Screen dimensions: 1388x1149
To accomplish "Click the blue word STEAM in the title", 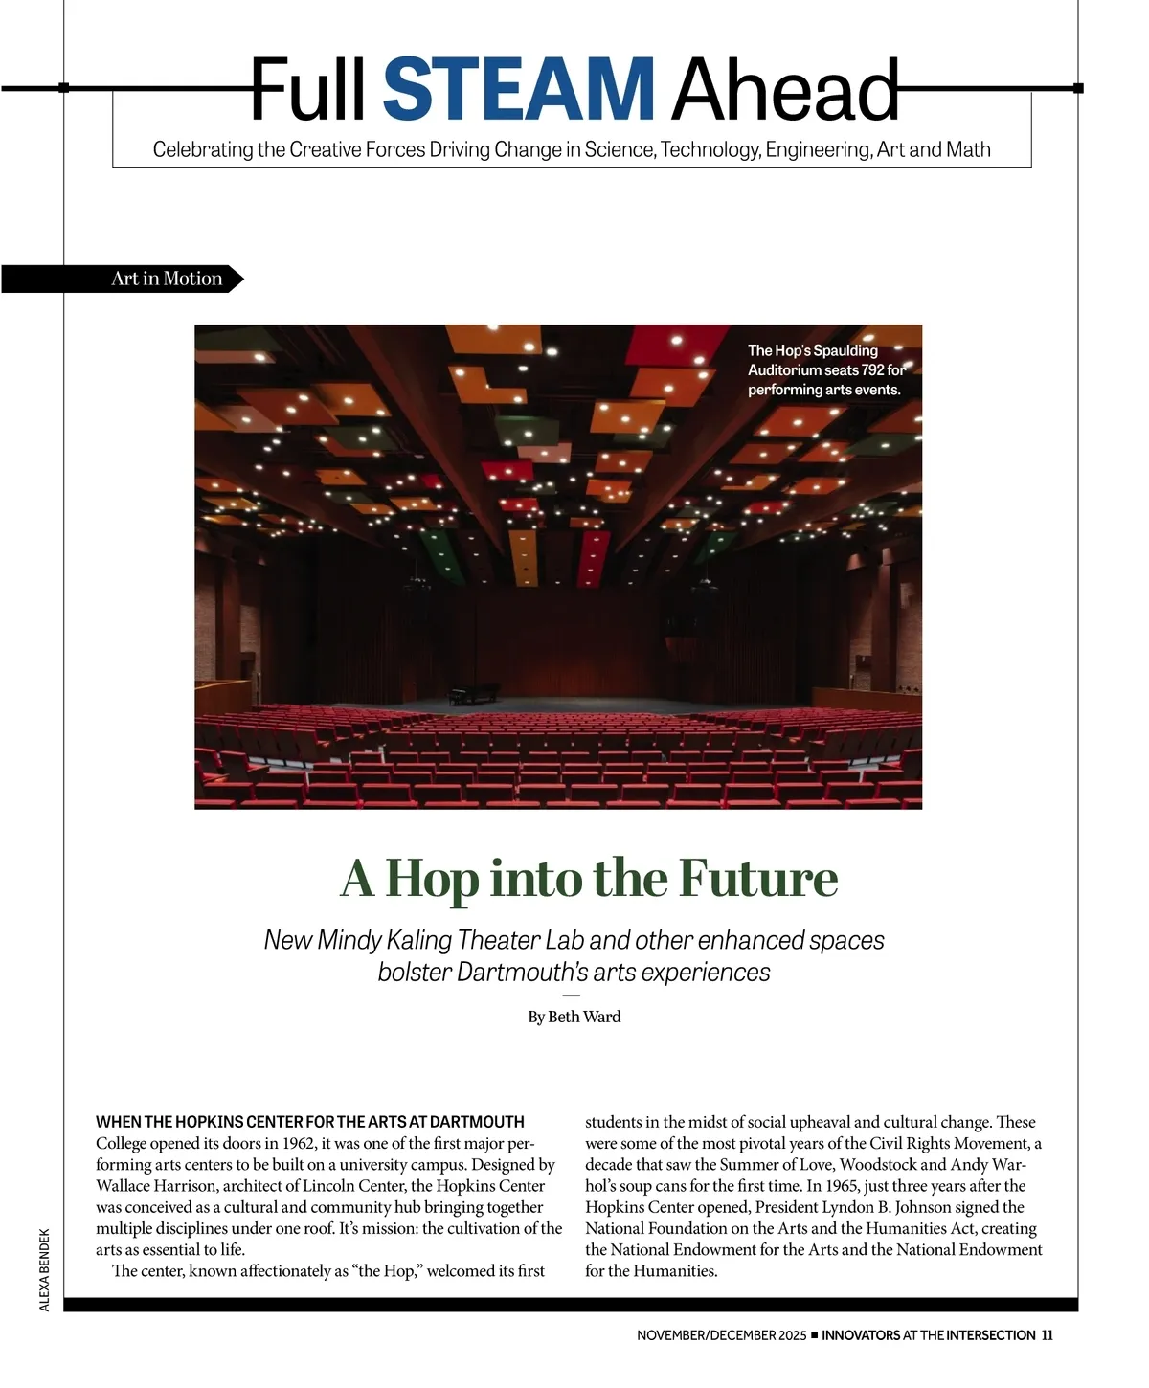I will pos(519,89).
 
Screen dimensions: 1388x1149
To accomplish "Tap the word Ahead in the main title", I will pos(785,89).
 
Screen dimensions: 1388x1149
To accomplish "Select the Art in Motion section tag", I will pos(167,279).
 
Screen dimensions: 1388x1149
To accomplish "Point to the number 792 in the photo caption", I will pos(873,370).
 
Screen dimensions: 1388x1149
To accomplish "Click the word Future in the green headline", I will pos(758,878).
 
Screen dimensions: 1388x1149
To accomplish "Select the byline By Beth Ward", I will pos(574,1017).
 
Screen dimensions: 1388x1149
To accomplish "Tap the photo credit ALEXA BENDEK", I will pos(45,1269).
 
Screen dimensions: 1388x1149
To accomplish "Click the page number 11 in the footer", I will pos(1047,1335).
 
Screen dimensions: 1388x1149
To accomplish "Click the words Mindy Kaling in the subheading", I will pos(384,940).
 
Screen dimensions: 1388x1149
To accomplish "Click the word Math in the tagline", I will pos(968,149).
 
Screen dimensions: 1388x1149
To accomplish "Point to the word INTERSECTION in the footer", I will pos(991,1335).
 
